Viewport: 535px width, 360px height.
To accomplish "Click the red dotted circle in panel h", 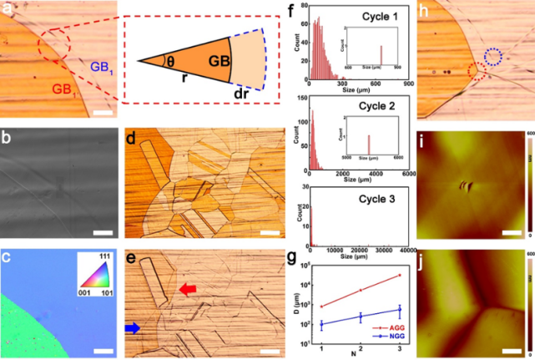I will coord(477,73).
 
